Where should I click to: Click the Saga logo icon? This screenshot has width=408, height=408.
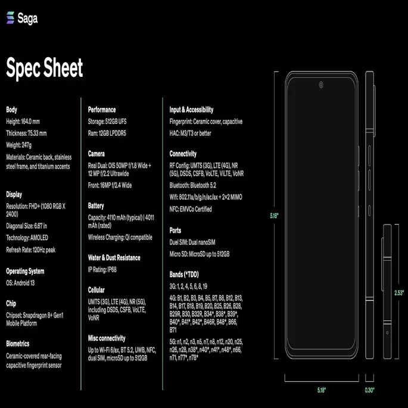pos(10,18)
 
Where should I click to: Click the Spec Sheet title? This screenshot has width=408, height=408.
pos(45,68)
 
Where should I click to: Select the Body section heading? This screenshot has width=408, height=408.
pos(11,110)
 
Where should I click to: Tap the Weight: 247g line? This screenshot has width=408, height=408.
pos(18,145)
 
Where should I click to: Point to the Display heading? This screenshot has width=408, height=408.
pos(14,195)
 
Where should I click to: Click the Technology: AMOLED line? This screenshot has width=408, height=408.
pos(27,238)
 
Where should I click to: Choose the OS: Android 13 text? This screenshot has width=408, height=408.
pos(20,283)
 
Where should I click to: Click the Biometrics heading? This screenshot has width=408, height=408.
pos(18,344)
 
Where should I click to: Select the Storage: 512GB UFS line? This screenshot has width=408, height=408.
pos(107,122)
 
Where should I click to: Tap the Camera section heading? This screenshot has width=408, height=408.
pos(96,154)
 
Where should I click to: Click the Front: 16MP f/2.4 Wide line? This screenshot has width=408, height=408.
pos(110,185)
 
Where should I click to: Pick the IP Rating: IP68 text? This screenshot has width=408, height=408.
pos(102,270)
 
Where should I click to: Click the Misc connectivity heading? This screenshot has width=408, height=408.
pos(107,338)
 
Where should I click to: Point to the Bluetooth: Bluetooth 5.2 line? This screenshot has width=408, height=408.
pos(193,185)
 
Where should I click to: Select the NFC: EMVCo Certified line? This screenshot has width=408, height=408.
pos(191,209)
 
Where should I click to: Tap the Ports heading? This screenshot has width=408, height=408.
pos(175,231)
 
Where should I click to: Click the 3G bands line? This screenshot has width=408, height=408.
pos(188,286)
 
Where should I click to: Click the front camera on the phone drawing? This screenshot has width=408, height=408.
pos(321,85)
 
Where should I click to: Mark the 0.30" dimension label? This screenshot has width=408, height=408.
pos(369,390)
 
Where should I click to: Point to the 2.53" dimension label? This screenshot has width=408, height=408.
pos(399,293)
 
